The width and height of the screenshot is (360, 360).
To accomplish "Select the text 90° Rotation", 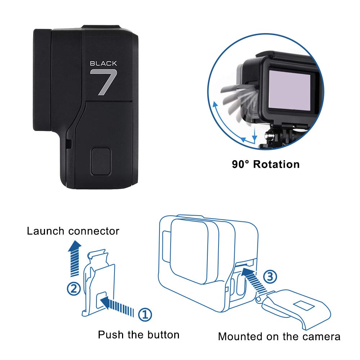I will (266, 165).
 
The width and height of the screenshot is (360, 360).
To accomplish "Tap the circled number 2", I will (74, 289).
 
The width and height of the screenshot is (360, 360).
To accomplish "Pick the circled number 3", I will (270, 277).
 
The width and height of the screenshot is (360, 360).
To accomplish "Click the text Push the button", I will (139, 335).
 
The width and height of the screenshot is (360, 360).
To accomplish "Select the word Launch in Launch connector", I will (46, 230).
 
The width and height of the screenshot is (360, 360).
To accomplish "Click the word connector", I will (94, 231).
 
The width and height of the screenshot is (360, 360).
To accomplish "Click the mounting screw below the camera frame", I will (269, 136).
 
